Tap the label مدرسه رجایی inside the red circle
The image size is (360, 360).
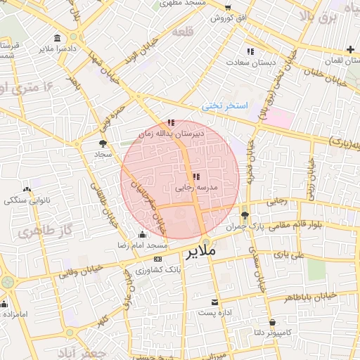[201, 188]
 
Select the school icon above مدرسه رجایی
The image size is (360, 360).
[195, 176]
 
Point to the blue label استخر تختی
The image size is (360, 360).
[225, 105]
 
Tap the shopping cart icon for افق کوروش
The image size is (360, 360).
[227, 18]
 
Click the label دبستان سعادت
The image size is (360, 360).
[249, 62]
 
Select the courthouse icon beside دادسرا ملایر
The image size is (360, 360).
[56, 38]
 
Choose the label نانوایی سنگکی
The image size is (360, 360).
[26, 200]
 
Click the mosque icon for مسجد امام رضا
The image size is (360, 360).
[143, 235]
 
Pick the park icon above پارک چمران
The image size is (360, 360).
[244, 216]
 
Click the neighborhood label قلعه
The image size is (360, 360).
[181, 32]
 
